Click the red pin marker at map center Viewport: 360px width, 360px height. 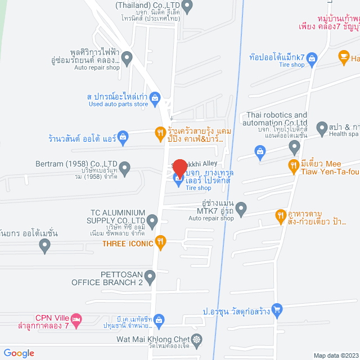tap(179, 168)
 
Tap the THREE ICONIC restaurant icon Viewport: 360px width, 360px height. tap(160, 242)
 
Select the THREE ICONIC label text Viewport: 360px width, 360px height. tap(128, 244)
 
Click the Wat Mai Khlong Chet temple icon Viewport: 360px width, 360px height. tap(196, 340)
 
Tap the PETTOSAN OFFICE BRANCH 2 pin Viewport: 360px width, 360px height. tap(150, 276)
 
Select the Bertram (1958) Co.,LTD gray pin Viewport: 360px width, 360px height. tap(125, 167)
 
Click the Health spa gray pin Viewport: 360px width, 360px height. tap(322, 128)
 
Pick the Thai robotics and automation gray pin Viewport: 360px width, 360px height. tap(294, 147)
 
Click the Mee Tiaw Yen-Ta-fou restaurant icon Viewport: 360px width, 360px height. tap(293, 165)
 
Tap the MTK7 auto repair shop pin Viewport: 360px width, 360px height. tap(241, 209)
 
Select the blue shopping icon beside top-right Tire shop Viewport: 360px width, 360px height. tap(313, 58)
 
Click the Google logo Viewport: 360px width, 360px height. tap(20, 353)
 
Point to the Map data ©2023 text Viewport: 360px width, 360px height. tap(335, 355)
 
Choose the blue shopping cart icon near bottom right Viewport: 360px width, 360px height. tap(276, 309)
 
